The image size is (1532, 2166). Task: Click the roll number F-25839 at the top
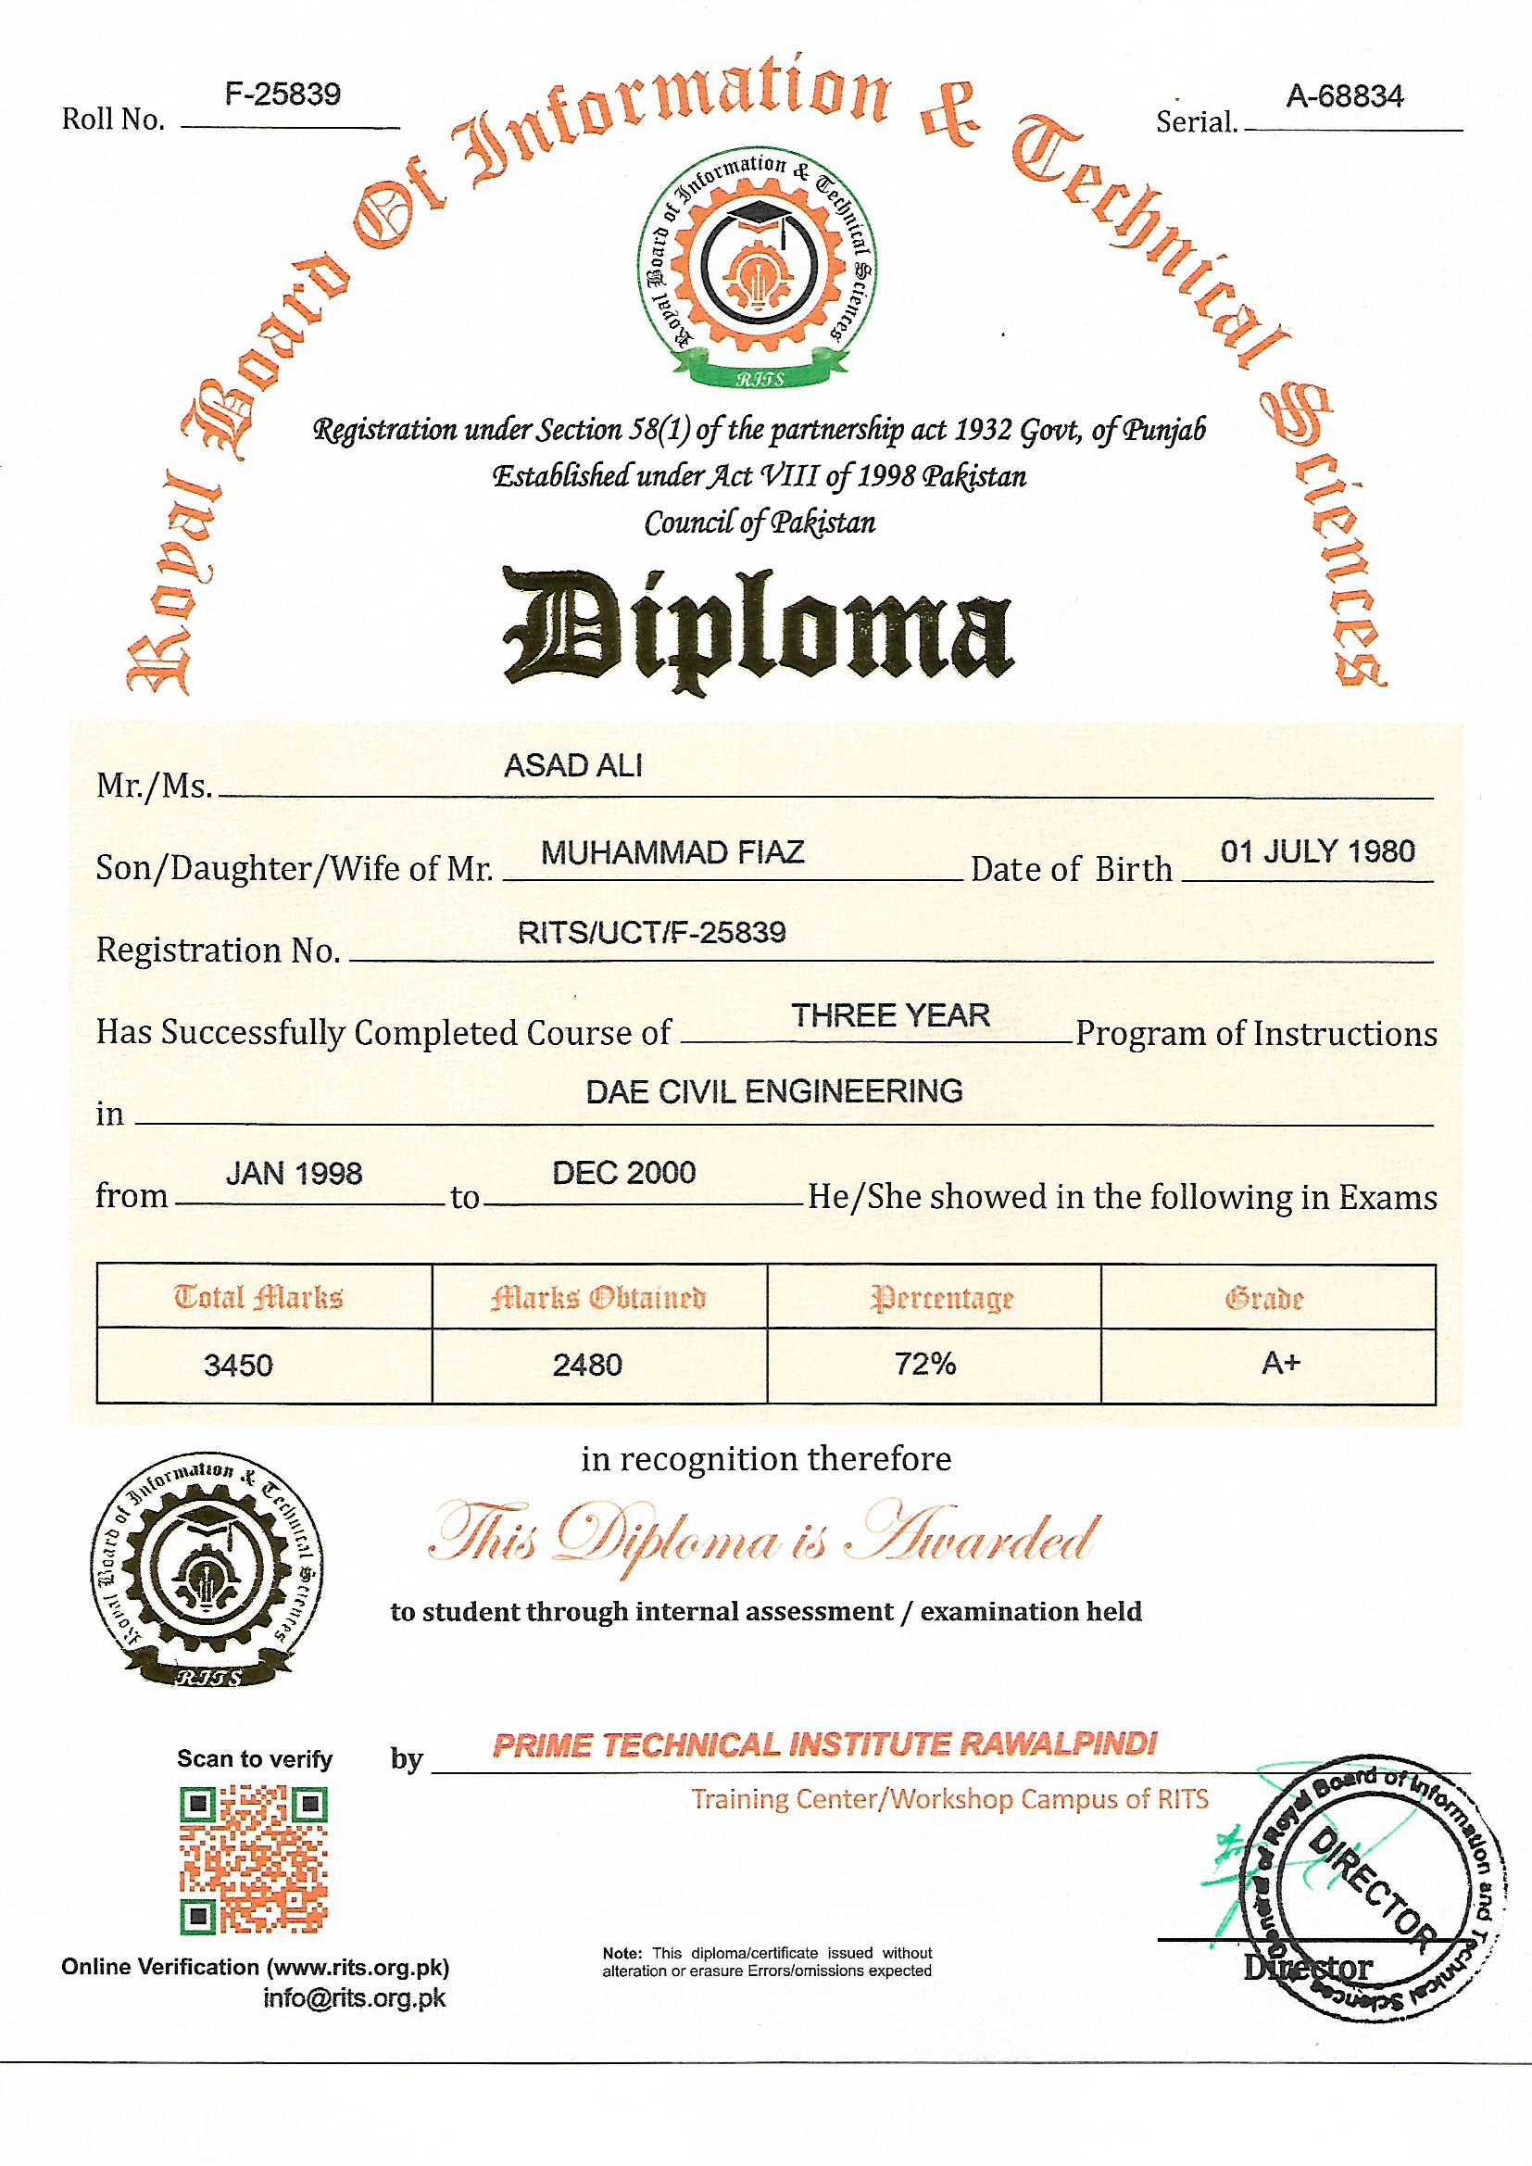[283, 94]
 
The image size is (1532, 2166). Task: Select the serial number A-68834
[1344, 96]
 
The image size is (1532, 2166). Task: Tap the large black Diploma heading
[758, 627]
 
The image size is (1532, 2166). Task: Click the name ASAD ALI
[572, 765]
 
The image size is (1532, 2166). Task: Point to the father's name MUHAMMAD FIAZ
[672, 852]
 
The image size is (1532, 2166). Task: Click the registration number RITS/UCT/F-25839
[651, 932]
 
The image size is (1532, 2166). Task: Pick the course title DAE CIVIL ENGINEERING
[773, 1091]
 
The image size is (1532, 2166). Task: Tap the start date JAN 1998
[294, 1173]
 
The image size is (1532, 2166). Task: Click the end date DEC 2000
[623, 1172]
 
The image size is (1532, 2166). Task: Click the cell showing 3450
[238, 1364]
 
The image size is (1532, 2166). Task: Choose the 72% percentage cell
[924, 1363]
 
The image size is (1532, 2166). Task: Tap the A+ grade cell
[1280, 1362]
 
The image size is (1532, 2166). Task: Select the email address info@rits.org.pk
[355, 1997]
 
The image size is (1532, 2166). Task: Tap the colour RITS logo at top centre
[759, 270]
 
